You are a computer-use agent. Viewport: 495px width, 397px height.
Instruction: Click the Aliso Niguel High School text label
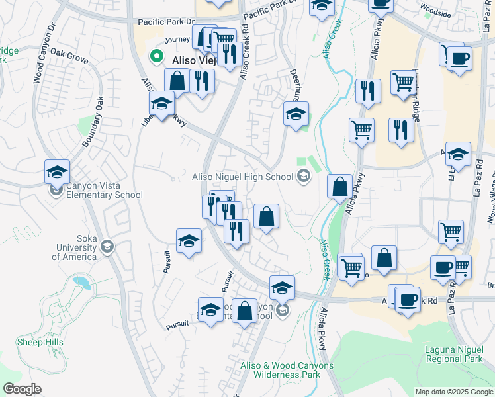[x=242, y=177]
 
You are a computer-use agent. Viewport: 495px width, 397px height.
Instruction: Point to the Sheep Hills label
[x=40, y=342]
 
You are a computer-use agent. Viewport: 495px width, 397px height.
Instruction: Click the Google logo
[x=22, y=389]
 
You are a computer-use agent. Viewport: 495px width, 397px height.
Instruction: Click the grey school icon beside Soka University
[x=107, y=248]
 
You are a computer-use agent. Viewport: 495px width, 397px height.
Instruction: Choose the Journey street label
[x=177, y=40]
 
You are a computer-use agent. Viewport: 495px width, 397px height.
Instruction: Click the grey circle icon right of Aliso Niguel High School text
[x=303, y=176]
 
